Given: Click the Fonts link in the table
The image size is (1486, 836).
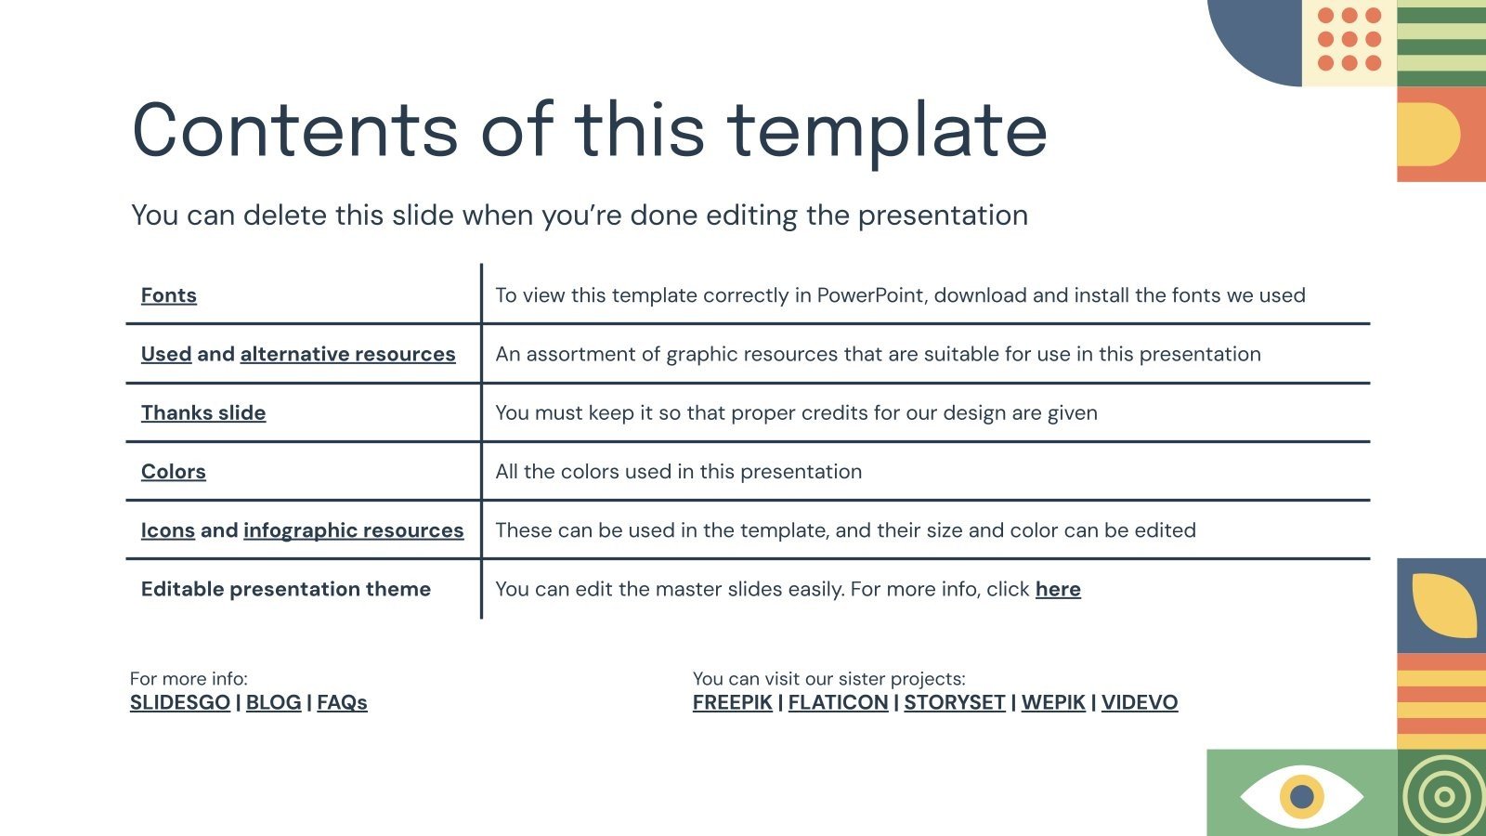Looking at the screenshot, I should tap(168, 295).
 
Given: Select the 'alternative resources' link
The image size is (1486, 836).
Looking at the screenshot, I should tap(347, 354).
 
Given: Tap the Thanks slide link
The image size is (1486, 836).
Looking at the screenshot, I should tap(203, 412).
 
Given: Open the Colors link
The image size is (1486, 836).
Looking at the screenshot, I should tap(174, 472).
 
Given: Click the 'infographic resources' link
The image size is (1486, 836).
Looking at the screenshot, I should tap(353, 530).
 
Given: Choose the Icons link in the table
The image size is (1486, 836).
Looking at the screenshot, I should tap(168, 530).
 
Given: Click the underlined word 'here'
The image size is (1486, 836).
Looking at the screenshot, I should tap(1058, 589).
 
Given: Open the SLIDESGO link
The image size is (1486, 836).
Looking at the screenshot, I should tap(180, 702).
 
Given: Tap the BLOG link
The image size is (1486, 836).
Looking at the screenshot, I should tap(274, 702).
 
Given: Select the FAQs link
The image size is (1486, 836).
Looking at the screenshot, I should tap(342, 702).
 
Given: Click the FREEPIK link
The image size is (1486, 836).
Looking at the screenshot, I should tap(733, 702).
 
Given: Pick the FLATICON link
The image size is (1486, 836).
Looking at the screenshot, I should tap(838, 702).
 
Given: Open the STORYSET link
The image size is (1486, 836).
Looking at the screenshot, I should tap(955, 702).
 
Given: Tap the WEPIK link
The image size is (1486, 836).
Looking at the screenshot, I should tap(1053, 702).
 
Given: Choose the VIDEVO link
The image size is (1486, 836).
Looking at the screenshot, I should tap(1140, 702).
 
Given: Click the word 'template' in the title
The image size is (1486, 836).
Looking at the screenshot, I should tap(887, 130).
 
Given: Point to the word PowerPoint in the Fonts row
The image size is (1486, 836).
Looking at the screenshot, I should tap(872, 295).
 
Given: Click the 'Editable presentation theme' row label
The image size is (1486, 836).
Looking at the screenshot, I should tap(286, 589).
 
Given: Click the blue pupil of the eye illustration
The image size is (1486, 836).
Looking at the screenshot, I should tap(1302, 796).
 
